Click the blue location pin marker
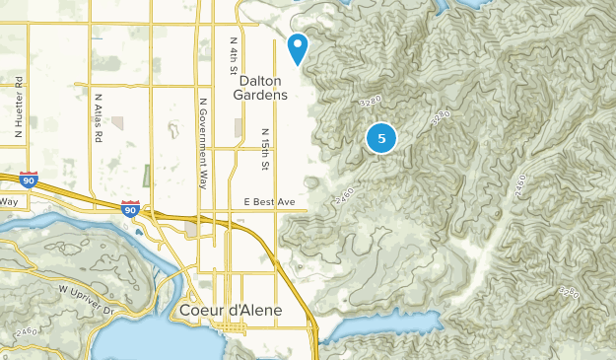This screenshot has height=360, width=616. coord(298,45)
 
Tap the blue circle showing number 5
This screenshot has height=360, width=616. coord(381,138)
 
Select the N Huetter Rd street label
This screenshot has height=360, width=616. coord(18,107)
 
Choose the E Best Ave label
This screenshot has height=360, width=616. coord(269,202)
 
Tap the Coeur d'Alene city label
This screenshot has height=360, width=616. coord(232,310)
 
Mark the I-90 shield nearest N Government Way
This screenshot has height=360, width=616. coord(130,209)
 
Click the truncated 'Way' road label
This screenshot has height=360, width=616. coord(9,201)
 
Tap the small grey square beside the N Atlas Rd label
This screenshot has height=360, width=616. coord(118,124)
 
